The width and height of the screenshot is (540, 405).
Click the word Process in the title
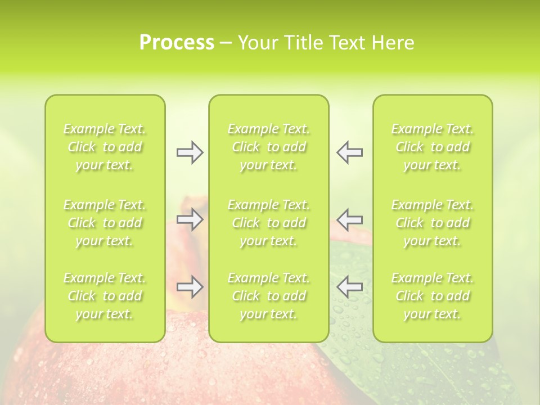(x=177, y=43)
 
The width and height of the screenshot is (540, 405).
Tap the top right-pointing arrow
(x=190, y=152)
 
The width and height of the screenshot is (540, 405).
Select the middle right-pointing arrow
(x=190, y=219)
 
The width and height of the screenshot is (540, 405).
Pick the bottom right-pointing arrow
(x=190, y=287)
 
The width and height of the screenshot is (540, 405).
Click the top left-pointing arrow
(x=349, y=152)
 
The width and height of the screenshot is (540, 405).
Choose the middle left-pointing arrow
(x=349, y=219)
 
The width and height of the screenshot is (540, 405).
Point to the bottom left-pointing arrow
(x=349, y=287)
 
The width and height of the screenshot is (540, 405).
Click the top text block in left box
(x=105, y=147)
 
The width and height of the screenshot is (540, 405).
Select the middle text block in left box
(x=105, y=223)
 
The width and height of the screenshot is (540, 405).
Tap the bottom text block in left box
(x=105, y=296)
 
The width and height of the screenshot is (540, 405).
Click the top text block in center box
(x=269, y=147)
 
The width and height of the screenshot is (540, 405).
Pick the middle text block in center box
(x=269, y=223)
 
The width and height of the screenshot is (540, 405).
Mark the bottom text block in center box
(x=269, y=296)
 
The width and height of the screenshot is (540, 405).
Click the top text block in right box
(x=433, y=147)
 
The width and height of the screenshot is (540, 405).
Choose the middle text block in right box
(x=433, y=223)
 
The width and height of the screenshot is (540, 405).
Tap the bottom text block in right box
(x=433, y=296)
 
